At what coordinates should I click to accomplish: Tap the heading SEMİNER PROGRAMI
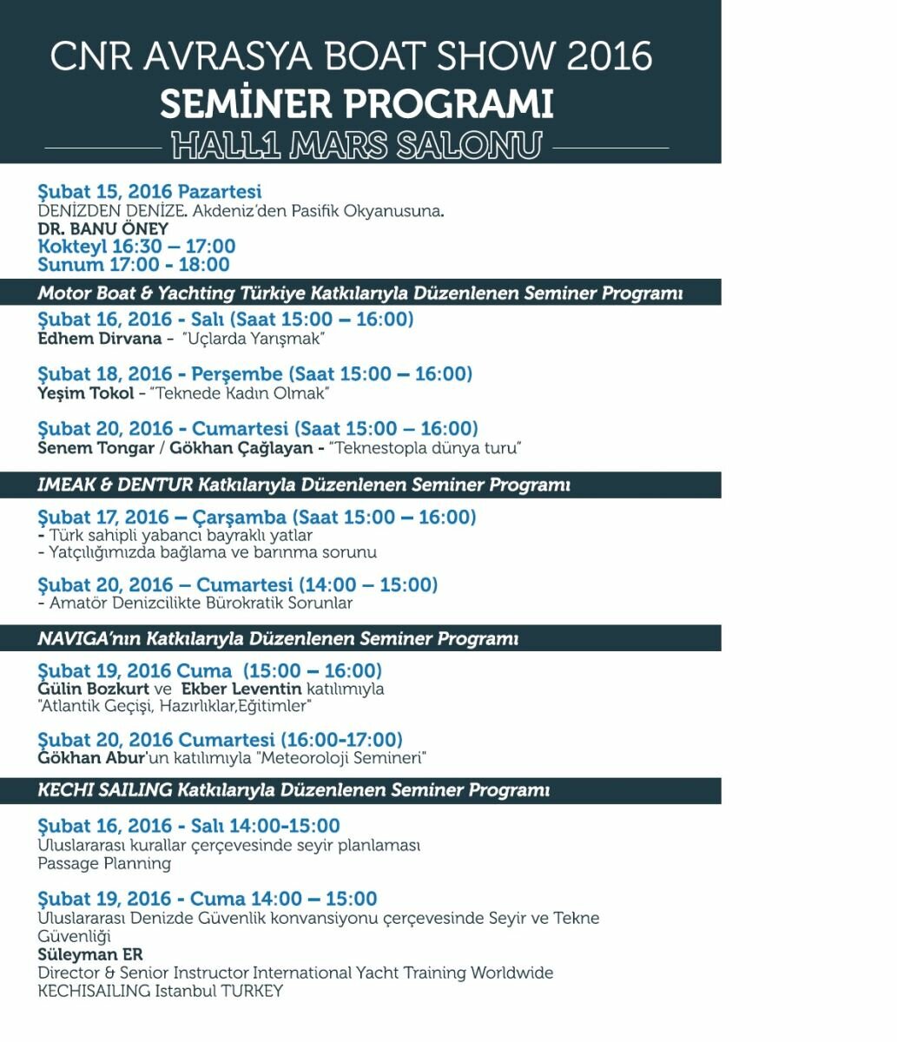(356, 105)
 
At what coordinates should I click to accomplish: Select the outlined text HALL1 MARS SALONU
(356, 145)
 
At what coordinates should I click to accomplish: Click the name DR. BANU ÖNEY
(103, 229)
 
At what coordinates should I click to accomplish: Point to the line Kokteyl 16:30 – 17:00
(136, 247)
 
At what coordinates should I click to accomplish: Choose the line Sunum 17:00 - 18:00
(134, 265)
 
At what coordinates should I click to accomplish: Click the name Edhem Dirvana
(100, 339)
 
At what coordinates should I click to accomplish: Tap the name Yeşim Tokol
(86, 393)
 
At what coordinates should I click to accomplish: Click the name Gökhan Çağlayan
(241, 448)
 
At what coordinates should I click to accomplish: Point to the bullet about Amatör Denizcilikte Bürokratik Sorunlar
(196, 603)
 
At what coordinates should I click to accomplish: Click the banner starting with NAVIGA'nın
(278, 639)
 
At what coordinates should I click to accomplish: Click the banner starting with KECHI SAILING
(294, 791)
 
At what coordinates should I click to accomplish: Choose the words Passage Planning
(104, 863)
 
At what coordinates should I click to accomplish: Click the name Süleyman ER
(90, 954)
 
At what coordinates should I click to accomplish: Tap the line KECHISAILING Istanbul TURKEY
(160, 991)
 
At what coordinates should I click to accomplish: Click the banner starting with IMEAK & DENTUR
(302, 485)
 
